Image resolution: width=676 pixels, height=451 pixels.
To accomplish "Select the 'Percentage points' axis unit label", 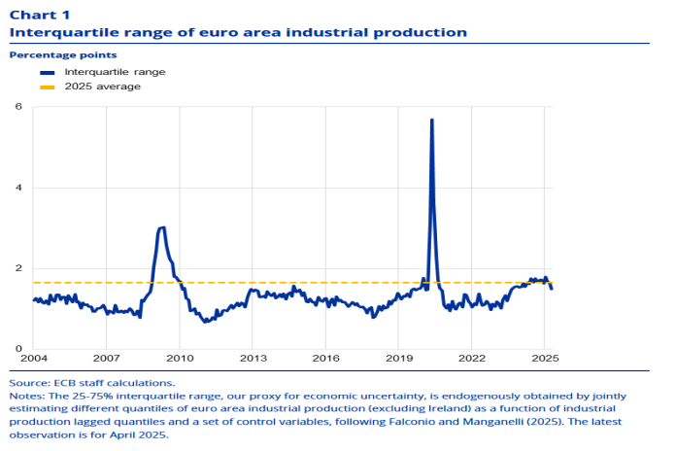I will [50, 55].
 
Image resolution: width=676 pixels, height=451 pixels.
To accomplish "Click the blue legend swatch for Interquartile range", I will [48, 73].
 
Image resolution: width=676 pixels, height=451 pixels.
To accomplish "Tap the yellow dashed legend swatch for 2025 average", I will [48, 87].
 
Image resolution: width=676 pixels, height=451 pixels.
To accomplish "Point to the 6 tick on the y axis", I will [18, 106].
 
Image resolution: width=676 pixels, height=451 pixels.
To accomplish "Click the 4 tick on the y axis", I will [18, 188].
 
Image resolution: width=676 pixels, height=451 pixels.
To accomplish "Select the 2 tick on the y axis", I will [18, 268].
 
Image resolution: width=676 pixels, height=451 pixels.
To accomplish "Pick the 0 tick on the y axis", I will [18, 349].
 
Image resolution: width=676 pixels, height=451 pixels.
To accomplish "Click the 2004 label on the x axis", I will [33, 359].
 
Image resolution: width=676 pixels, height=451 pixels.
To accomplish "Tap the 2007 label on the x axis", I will [106, 359].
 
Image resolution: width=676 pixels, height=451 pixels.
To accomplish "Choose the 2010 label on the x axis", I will [179, 359].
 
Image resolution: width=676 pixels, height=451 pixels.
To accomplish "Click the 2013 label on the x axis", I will [252, 359].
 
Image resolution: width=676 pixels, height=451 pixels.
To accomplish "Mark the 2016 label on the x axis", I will [324, 359].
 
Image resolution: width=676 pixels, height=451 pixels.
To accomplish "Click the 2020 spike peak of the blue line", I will [431, 120].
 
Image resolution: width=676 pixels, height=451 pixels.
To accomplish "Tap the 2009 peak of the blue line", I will [162, 227].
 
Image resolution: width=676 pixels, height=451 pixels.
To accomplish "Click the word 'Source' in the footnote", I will [28, 383].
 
